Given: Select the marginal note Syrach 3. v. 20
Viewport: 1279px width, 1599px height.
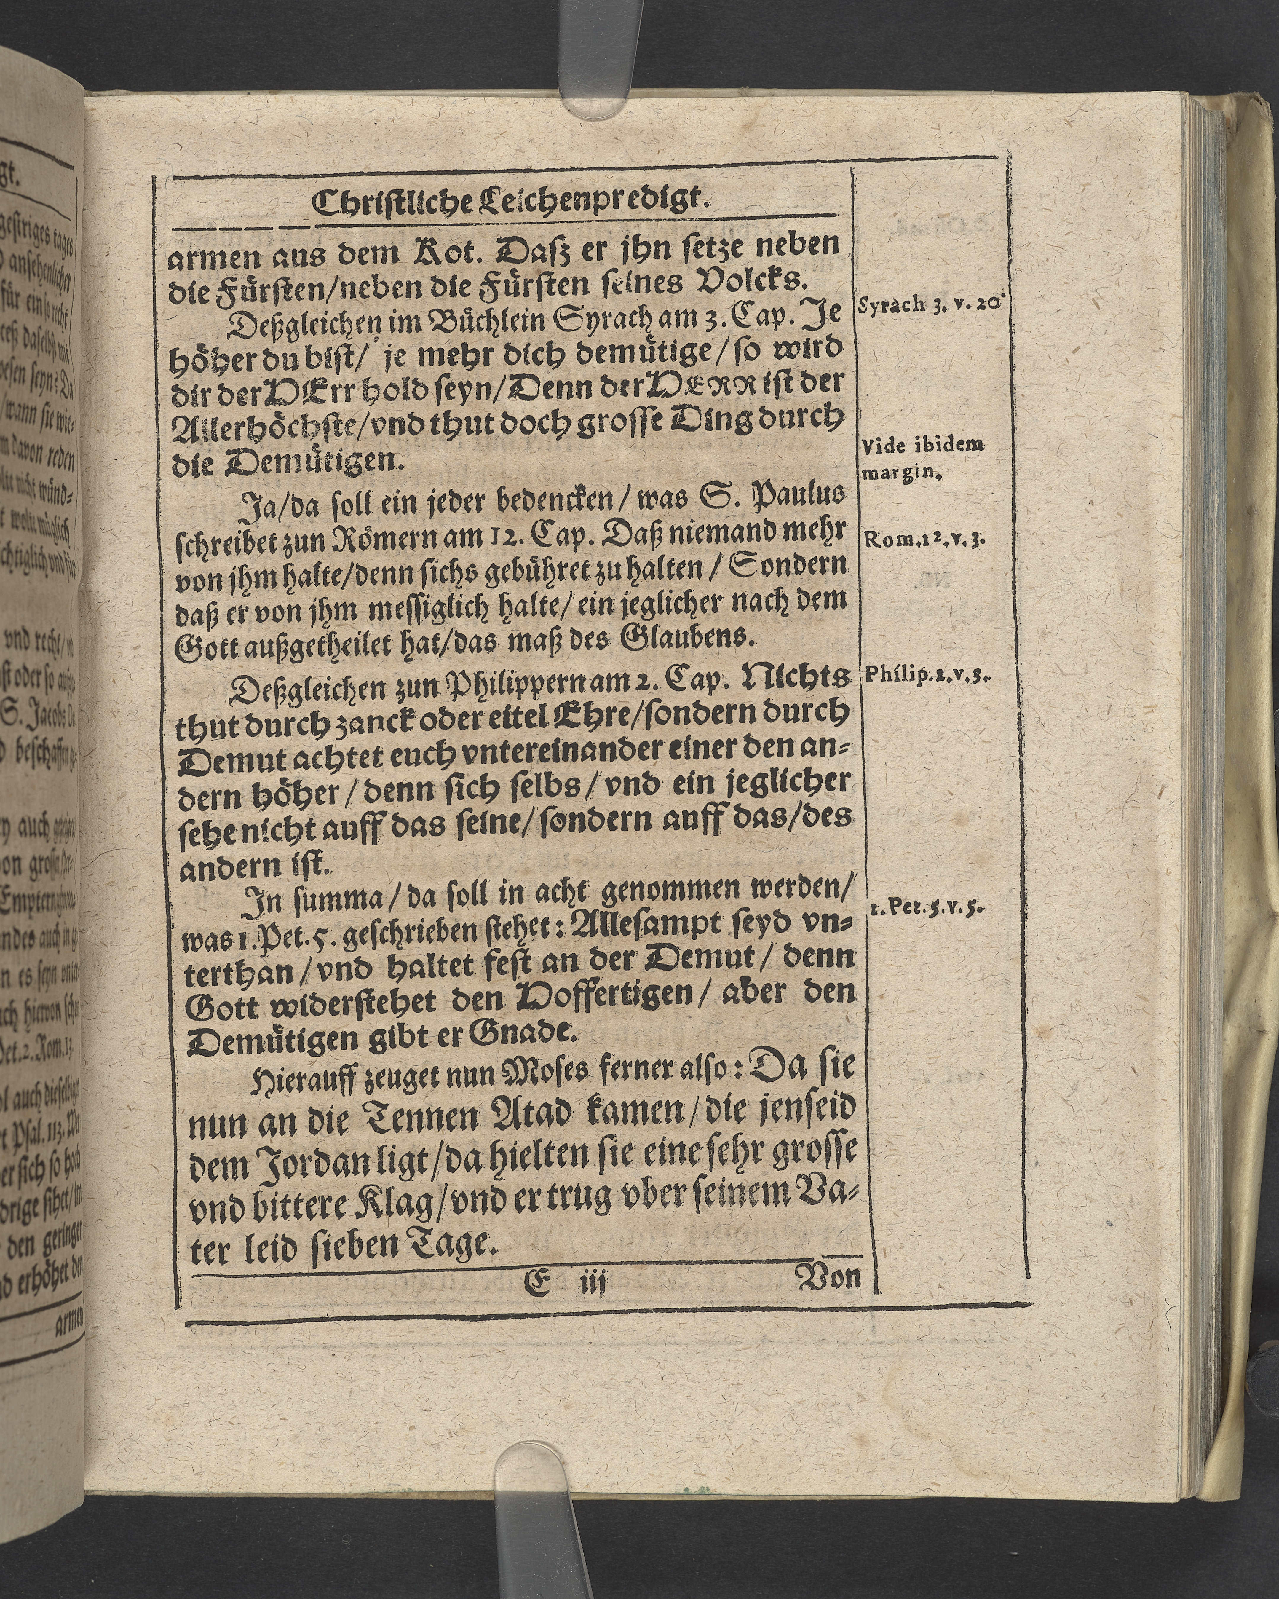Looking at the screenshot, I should coord(930,304).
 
